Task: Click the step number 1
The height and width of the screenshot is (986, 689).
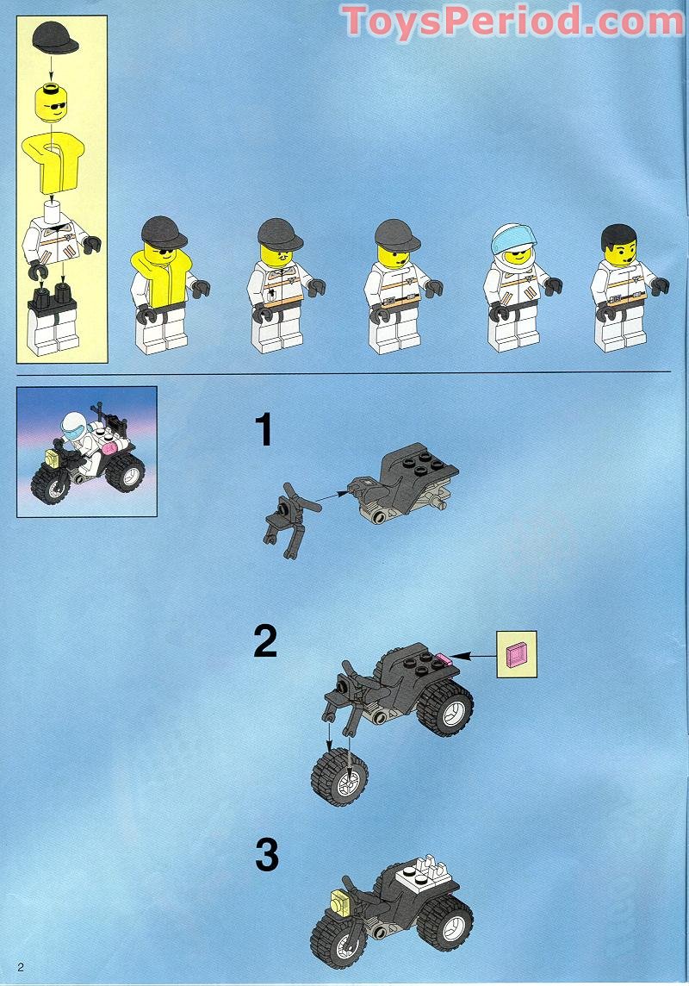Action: point(264,430)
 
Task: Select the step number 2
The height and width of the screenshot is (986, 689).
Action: point(265,641)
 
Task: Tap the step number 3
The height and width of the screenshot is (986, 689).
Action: point(267,856)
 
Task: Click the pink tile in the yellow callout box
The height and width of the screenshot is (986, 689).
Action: point(517,654)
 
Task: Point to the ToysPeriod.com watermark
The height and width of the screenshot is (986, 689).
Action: point(512,21)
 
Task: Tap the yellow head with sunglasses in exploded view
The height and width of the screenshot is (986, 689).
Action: point(53,104)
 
